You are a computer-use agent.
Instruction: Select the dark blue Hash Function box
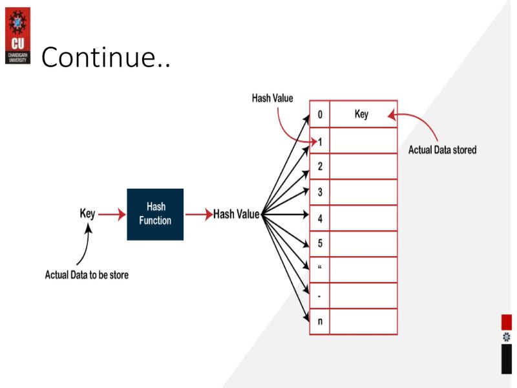(155, 214)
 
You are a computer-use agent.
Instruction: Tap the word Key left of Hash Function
(87, 214)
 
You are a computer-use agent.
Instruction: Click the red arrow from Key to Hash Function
(112, 215)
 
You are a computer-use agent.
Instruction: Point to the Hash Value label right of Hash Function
(237, 215)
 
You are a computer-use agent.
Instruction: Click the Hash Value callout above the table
(272, 98)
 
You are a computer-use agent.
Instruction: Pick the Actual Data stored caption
(442, 150)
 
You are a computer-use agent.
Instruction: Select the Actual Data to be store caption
(87, 275)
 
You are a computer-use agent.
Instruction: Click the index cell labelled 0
(320, 114)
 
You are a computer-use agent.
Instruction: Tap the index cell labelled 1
(320, 141)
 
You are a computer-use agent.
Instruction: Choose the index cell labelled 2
(320, 166)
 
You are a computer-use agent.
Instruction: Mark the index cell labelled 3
(320, 192)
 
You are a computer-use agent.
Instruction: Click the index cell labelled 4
(320, 219)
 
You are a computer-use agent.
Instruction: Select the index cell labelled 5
(320, 244)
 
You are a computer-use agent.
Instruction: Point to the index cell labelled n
(320, 321)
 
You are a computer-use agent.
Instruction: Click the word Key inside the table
(362, 114)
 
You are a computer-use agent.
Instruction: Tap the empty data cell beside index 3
(363, 192)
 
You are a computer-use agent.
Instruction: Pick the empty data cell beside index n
(363, 321)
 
